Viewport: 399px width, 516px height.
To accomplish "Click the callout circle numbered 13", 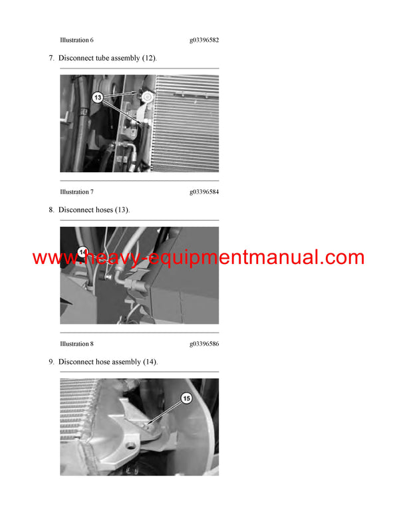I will click(98, 97).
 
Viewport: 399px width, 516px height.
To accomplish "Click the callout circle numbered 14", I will click(83, 252).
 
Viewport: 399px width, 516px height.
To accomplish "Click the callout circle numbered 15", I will click(186, 398).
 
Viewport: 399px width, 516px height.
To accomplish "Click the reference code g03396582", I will click(204, 40).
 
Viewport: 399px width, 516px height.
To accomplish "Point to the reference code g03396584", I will click(204, 192).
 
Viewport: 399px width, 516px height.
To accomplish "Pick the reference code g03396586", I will click(204, 344).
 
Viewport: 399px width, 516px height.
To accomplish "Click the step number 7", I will click(51, 58).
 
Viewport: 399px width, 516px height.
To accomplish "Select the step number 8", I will click(51, 210).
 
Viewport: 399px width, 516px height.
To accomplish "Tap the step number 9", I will click(51, 362).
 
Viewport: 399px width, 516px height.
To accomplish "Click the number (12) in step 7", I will click(149, 58).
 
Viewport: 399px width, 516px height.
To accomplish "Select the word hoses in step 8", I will click(102, 210).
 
